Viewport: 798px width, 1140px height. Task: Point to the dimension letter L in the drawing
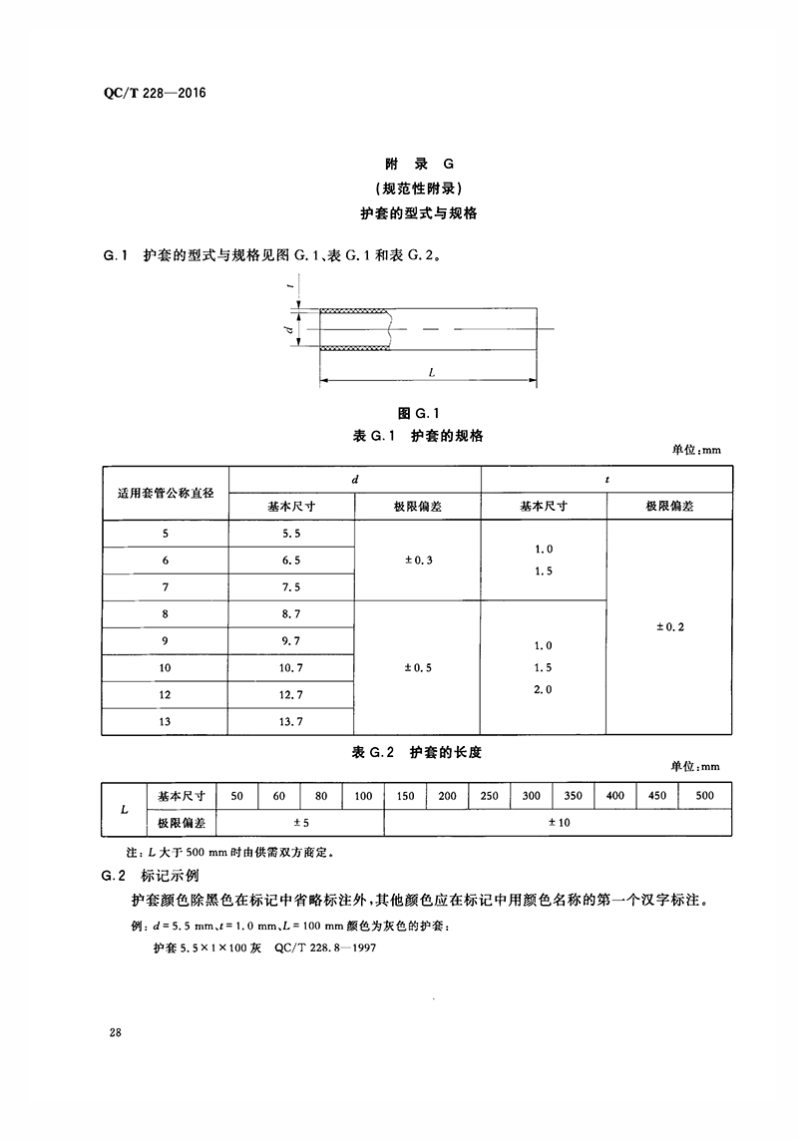(430, 371)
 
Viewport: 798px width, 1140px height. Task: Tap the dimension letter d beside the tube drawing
(286, 328)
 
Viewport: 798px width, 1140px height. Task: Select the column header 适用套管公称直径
(166, 493)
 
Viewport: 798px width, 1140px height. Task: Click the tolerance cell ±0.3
(418, 561)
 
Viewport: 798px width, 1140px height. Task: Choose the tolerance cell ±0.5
(418, 668)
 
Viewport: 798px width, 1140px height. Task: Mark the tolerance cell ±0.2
(669, 627)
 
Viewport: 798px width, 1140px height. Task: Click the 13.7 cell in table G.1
(291, 721)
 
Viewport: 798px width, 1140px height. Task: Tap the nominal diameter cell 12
(166, 694)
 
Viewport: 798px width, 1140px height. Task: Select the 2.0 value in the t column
(543, 690)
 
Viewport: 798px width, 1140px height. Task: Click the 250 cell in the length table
(488, 796)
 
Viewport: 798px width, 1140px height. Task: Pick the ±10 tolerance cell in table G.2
(558, 823)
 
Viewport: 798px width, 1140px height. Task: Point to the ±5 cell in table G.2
(300, 823)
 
